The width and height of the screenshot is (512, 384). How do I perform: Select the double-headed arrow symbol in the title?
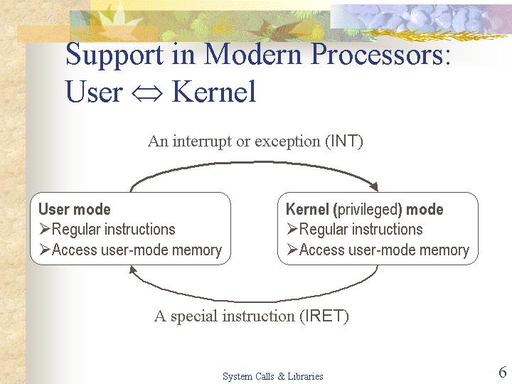[x=147, y=93]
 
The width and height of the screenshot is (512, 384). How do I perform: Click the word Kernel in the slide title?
[x=214, y=92]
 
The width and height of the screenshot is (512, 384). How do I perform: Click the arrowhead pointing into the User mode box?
[x=132, y=270]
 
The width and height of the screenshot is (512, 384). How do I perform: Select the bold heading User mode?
[x=75, y=209]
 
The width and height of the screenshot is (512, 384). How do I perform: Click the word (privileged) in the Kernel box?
[x=368, y=210]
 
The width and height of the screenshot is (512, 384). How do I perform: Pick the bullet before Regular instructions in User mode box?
[x=44, y=229]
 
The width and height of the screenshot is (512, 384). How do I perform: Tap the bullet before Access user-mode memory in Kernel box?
[x=292, y=250]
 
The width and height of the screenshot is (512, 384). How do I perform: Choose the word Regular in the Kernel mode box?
[x=321, y=230]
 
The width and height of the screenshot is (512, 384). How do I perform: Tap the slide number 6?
[x=503, y=372]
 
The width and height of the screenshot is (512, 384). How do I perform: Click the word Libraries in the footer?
[x=305, y=376]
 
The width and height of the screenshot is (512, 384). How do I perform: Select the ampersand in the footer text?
[x=281, y=376]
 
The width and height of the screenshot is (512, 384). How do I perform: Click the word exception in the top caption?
[x=287, y=142]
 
